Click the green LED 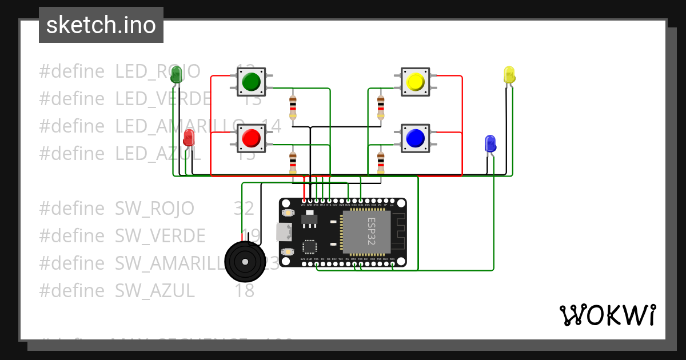176,74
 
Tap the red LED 189,138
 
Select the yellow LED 509,75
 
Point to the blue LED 490,143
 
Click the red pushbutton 251,138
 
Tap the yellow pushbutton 414,82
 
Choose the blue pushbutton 414,138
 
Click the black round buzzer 245,261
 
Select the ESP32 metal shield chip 366,232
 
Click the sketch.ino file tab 101,25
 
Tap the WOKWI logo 607,315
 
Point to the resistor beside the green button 293,107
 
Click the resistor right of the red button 293,163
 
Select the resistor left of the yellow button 381,107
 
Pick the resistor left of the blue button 381,163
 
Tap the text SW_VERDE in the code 160,235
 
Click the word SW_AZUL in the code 155,291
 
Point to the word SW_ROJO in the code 154,208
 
